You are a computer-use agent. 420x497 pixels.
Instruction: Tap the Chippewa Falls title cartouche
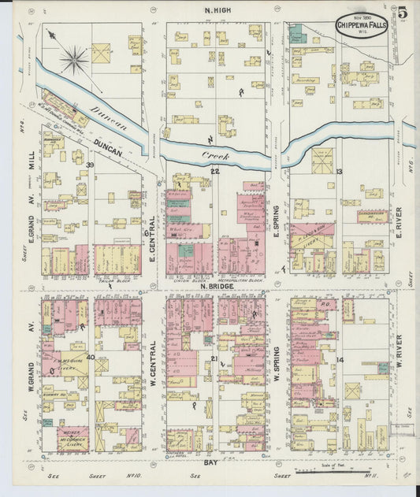pos(362,24)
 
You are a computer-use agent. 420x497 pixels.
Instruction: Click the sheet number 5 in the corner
pos(402,12)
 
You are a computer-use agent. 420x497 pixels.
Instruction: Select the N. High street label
pos(217,11)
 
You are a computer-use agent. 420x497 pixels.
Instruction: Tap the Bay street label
pos(210,463)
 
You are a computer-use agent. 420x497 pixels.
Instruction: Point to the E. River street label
pos(400,217)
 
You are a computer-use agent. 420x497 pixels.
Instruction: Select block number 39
pos(91,164)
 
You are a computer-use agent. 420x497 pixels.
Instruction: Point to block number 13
pos(340,171)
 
